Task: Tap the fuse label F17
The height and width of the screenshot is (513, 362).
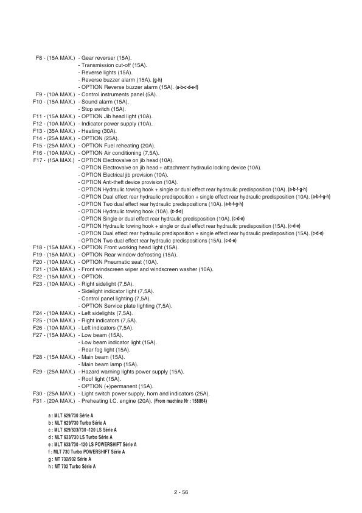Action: pyautogui.click(x=40, y=160)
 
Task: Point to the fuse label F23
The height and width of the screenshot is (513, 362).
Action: pyautogui.click(x=38, y=283)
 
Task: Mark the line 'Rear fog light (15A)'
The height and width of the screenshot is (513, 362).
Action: pyautogui.click(x=106, y=349)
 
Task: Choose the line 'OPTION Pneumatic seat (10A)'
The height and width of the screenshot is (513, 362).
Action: pyautogui.click(x=119, y=261)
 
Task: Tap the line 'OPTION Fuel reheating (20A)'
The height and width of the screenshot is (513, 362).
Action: pyautogui.click(x=119, y=146)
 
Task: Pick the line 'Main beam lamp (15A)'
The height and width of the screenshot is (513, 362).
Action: pyautogui.click(x=110, y=364)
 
